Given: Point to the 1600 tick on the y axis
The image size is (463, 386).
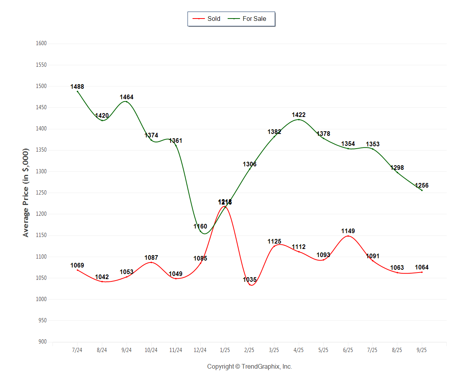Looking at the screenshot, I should point(41,44).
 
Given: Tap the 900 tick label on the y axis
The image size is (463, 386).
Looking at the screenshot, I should point(42,342).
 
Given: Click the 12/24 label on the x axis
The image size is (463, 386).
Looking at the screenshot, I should point(200,350).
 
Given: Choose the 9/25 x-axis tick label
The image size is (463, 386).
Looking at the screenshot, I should point(422,350).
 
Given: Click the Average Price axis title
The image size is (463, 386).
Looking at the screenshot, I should point(26,192).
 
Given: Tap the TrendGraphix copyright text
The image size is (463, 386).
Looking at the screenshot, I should point(250,367).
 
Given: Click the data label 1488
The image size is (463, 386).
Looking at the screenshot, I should point(77,87).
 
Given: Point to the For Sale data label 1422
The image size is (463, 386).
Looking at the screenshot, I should point(299,115).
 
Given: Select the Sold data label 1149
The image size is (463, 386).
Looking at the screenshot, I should point(348,231).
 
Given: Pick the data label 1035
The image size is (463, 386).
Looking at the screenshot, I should point(250,280).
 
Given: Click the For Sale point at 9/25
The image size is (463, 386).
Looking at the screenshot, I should point(422,190).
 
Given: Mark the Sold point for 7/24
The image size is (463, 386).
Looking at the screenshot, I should point(78,270).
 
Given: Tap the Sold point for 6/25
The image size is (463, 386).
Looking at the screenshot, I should point(348,236).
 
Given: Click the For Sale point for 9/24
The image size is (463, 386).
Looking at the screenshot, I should point(127,102).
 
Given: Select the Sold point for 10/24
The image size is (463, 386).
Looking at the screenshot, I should point(151,262).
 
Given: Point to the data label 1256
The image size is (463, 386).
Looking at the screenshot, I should point(422,186).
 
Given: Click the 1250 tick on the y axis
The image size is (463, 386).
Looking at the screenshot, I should point(41,193).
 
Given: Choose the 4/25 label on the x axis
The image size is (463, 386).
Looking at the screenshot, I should point(299,350).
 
